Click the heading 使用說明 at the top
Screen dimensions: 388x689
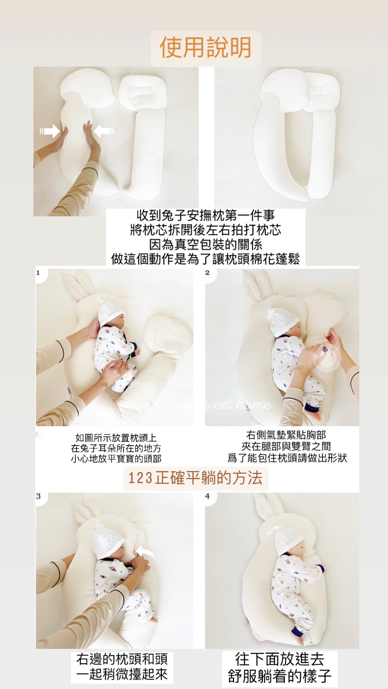(x=205, y=48)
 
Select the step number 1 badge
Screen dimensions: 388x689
(x=38, y=273)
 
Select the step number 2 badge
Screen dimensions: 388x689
(x=208, y=273)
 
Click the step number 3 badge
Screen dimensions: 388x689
(x=38, y=496)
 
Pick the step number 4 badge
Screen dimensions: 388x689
(x=208, y=496)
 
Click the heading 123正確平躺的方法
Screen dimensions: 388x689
(x=195, y=478)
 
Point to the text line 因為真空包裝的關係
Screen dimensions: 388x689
(x=206, y=244)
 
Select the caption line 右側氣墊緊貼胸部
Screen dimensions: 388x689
(x=286, y=435)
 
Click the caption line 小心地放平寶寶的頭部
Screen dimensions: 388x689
(x=116, y=458)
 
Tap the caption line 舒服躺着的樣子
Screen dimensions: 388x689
(x=280, y=676)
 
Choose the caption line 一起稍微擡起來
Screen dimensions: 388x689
(x=122, y=674)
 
